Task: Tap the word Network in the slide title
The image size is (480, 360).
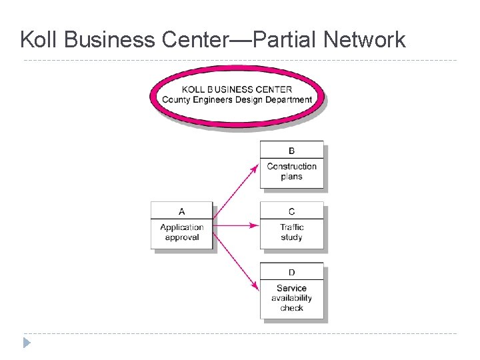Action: (364, 40)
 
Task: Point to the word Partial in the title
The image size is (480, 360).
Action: (283, 40)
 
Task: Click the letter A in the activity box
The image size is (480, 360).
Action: (181, 211)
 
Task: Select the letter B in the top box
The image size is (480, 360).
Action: (291, 151)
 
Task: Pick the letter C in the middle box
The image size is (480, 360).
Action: (291, 211)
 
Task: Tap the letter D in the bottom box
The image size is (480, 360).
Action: (291, 272)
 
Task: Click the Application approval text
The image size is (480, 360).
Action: (181, 232)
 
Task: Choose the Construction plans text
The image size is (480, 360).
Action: (291, 171)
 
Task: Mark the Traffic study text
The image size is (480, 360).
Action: (291, 232)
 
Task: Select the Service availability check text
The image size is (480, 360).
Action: (291, 298)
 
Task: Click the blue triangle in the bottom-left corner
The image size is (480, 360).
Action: (26, 343)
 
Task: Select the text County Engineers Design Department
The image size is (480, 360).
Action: (237, 100)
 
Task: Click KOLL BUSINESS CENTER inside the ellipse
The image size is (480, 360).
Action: (237, 89)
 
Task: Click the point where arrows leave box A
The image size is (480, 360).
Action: (214, 226)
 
